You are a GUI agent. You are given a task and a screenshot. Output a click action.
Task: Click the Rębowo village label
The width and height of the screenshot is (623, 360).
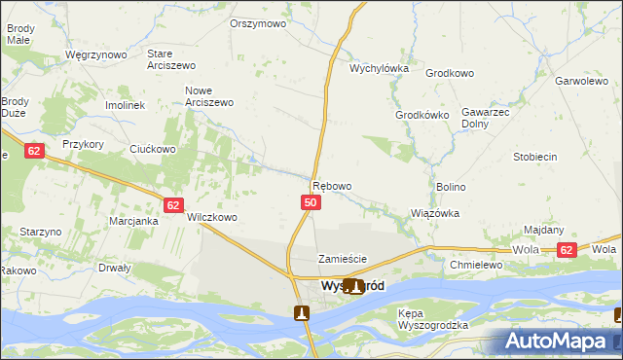[x=331, y=186]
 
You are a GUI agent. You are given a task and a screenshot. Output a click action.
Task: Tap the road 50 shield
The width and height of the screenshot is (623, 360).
[x=310, y=202]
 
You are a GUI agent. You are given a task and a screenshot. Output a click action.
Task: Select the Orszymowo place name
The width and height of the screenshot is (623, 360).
[x=258, y=23]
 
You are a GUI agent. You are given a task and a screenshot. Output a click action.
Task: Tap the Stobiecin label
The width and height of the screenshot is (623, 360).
[x=535, y=157]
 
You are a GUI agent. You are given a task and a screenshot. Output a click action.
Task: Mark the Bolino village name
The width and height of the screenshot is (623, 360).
[x=451, y=187]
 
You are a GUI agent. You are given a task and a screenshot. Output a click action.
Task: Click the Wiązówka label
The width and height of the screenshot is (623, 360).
[x=435, y=213]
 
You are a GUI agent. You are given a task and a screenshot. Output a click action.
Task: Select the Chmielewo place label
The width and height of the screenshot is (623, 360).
[x=475, y=265]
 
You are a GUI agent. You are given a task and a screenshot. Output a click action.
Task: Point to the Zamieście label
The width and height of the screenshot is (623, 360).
[x=343, y=259]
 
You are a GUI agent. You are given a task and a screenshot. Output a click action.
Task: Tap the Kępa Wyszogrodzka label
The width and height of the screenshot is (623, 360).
[x=433, y=319]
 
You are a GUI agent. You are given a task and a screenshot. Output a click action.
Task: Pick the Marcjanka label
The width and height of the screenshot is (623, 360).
[x=133, y=222]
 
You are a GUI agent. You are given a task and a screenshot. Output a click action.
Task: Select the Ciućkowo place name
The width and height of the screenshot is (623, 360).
[x=153, y=150]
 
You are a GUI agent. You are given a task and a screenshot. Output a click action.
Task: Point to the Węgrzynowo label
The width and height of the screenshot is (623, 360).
[x=95, y=55]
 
